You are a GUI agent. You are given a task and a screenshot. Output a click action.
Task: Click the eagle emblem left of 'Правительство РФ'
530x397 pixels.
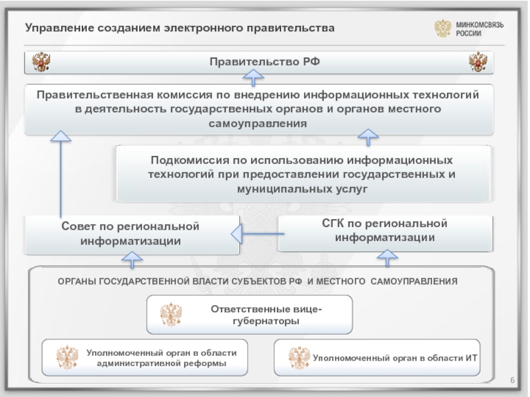click(x=42, y=63)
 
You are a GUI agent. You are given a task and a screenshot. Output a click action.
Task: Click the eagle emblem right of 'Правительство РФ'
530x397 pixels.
click(x=478, y=63)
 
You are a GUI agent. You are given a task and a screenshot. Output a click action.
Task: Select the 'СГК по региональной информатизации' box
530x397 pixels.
click(x=384, y=231)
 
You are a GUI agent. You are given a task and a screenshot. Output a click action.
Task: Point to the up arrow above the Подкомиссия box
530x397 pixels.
click(x=368, y=138)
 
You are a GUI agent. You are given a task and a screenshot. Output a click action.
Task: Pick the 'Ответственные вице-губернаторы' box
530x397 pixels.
click(x=249, y=315)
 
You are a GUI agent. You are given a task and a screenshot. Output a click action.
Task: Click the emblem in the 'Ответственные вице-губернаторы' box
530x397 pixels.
click(x=171, y=316)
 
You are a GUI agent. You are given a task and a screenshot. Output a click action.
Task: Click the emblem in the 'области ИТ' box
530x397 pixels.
click(x=299, y=358)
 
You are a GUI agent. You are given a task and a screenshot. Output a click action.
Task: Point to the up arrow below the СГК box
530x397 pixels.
click(x=386, y=256)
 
